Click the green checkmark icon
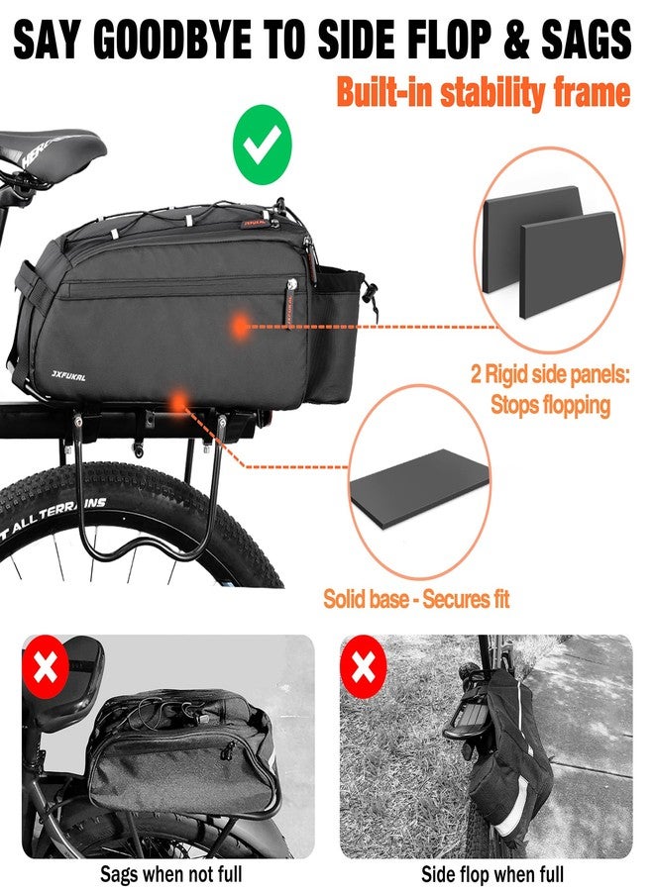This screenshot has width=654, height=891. [263, 145]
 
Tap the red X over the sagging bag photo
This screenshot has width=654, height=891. [46, 666]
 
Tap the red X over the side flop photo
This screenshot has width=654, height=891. [363, 666]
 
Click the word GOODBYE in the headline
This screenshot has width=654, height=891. [171, 41]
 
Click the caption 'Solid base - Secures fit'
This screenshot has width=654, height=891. [416, 599]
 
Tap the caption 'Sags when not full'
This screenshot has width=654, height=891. [171, 873]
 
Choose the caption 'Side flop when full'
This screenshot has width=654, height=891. [492, 873]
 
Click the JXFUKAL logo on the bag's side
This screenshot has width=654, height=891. [68, 375]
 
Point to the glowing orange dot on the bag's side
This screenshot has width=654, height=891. [241, 326]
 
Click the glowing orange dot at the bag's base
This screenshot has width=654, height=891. [178, 402]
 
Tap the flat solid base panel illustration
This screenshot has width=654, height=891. [420, 488]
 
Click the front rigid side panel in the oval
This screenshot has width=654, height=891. [571, 264]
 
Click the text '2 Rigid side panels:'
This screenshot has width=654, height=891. [550, 375]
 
